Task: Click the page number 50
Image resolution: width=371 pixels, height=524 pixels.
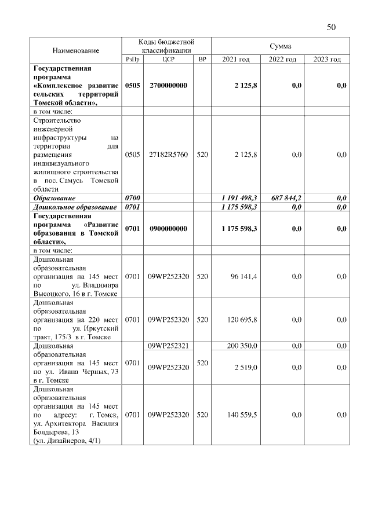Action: [x=332, y=27]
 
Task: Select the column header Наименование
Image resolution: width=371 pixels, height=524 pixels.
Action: [x=76, y=50]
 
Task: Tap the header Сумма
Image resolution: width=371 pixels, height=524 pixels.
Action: [x=280, y=46]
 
